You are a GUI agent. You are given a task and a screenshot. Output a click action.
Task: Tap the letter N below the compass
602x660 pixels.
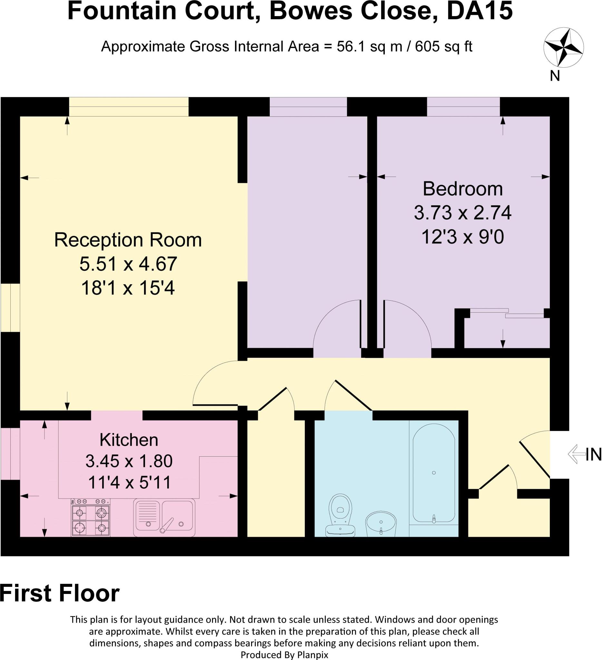(x=555, y=76)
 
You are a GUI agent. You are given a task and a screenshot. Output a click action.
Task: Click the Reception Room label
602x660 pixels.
(x=128, y=240)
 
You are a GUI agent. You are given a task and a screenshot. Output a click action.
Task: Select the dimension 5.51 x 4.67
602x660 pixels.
(x=128, y=264)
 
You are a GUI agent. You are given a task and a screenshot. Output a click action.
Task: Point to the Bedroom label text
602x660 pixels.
(x=462, y=189)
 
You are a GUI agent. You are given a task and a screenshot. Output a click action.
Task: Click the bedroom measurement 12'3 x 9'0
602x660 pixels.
(x=462, y=237)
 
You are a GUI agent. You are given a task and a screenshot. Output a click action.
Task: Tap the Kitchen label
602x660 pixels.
(x=129, y=440)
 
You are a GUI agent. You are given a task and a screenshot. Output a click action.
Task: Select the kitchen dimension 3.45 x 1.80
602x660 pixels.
(x=129, y=461)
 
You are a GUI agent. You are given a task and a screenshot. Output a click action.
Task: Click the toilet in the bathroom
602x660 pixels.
(x=340, y=515)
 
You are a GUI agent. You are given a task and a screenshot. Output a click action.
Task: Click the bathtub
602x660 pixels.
(x=434, y=473)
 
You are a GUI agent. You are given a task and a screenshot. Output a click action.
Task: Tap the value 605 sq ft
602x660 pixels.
(x=443, y=46)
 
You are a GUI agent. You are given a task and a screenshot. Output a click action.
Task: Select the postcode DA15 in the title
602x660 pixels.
(x=480, y=11)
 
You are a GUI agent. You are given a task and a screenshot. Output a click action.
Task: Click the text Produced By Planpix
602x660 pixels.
(x=284, y=655)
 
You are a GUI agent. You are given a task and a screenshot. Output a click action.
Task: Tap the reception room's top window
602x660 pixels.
(x=129, y=107)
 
